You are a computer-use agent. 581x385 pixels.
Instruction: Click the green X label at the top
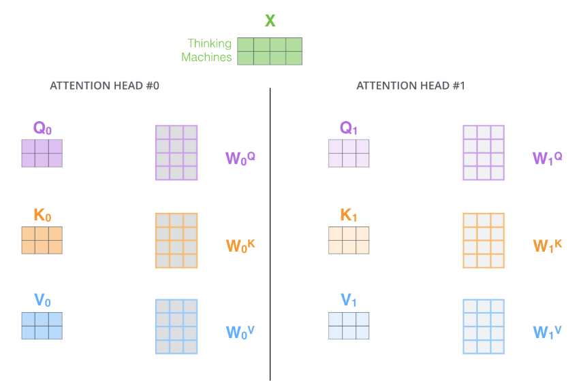coord(270,20)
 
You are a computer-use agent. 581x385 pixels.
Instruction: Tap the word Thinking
coord(209,44)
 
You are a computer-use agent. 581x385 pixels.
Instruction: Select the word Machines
coord(206,57)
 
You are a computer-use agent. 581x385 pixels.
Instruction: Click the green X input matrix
coord(270,51)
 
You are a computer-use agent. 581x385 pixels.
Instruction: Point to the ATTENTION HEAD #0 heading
coord(104,86)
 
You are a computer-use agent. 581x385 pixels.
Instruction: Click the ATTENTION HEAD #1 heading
coord(411,86)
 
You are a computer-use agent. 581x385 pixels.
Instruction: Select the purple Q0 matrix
coord(42,153)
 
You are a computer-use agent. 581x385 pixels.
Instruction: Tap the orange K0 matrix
coord(42,240)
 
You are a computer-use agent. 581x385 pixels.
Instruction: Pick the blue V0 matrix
coord(42,326)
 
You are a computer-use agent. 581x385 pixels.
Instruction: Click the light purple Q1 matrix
coord(349,153)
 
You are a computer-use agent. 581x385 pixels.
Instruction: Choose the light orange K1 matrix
coord(349,240)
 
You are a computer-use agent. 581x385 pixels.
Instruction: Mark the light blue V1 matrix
coord(349,326)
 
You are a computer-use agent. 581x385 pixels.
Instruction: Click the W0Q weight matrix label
coord(240,158)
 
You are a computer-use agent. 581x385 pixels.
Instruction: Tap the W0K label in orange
coord(240,246)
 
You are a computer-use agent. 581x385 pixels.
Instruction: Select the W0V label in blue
coord(240,332)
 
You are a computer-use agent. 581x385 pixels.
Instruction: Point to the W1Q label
coord(547,158)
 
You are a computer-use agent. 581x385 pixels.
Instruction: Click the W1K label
coord(547,246)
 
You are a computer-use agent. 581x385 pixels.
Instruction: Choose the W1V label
coord(547,332)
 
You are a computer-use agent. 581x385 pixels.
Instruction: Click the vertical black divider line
coord(270,234)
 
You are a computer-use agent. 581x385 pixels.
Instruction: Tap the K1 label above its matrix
coord(349,215)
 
